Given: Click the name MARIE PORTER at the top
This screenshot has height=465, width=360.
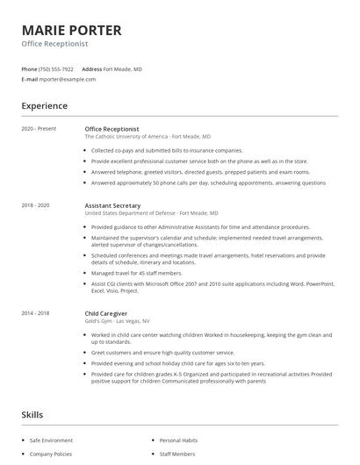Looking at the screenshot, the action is (x=71, y=30).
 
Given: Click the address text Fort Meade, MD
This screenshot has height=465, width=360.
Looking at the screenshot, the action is (x=122, y=68).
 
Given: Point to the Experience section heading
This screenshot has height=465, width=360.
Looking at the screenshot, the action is (x=44, y=106).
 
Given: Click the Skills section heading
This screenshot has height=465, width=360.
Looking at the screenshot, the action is (x=32, y=414).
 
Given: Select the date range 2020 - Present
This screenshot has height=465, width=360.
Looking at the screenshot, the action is (x=39, y=129).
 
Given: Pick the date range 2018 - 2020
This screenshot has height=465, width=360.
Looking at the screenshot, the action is (x=36, y=205).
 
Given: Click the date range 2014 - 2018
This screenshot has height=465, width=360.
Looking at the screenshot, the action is (x=36, y=313).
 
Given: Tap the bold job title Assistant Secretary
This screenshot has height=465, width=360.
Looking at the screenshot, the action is (x=112, y=205).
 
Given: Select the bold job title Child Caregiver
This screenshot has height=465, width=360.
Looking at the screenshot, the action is (x=106, y=313).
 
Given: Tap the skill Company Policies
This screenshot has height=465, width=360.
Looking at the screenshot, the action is (x=51, y=455).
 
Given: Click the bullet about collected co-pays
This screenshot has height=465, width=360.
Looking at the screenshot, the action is (x=167, y=151).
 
